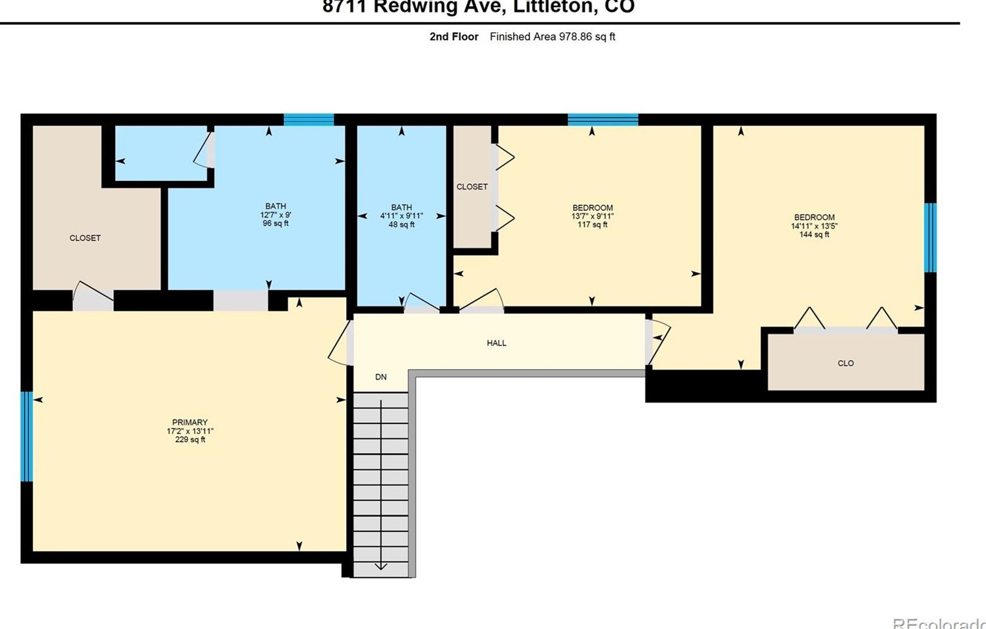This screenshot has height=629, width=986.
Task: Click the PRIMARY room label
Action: pyautogui.click(x=190, y=422)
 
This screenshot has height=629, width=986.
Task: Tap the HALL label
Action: pyautogui.click(x=496, y=343)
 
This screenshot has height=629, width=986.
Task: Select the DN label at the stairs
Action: pyautogui.click(x=380, y=377)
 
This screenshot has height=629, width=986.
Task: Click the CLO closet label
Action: pyautogui.click(x=845, y=363)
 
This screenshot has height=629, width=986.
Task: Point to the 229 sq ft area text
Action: pyautogui.click(x=190, y=440)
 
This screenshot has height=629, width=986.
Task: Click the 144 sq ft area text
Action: pyautogui.click(x=814, y=235)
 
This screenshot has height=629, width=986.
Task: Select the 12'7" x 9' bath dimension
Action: pyautogui.click(x=276, y=215)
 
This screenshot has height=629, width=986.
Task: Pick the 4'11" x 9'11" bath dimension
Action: pyautogui.click(x=401, y=216)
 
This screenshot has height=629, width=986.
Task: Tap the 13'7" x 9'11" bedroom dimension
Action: pyautogui.click(x=592, y=217)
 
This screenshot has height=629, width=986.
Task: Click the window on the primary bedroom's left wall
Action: pyautogui.click(x=27, y=436)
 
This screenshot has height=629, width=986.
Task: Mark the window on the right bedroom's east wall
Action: pyautogui.click(x=930, y=237)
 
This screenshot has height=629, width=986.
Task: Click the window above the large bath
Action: pyautogui.click(x=309, y=120)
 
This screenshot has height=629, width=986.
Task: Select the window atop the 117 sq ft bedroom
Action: pyautogui.click(x=602, y=120)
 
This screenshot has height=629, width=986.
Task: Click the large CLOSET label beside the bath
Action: pyautogui.click(x=85, y=238)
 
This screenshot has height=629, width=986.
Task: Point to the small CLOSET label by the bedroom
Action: pyautogui.click(x=472, y=187)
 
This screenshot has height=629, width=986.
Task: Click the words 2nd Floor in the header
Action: pyautogui.click(x=454, y=37)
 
